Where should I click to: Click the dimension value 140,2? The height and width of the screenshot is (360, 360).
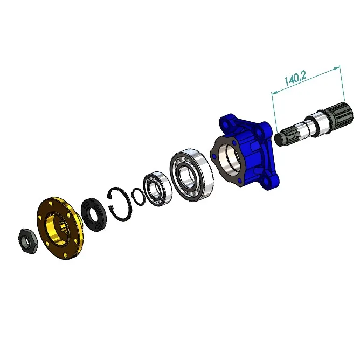tap(295, 78)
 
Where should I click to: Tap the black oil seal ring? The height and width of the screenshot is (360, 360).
tap(94, 214)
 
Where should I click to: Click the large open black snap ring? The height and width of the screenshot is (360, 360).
tap(120, 204)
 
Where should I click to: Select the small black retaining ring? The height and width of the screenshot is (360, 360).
tap(138, 197)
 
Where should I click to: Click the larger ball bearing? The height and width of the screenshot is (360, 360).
tap(191, 175)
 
